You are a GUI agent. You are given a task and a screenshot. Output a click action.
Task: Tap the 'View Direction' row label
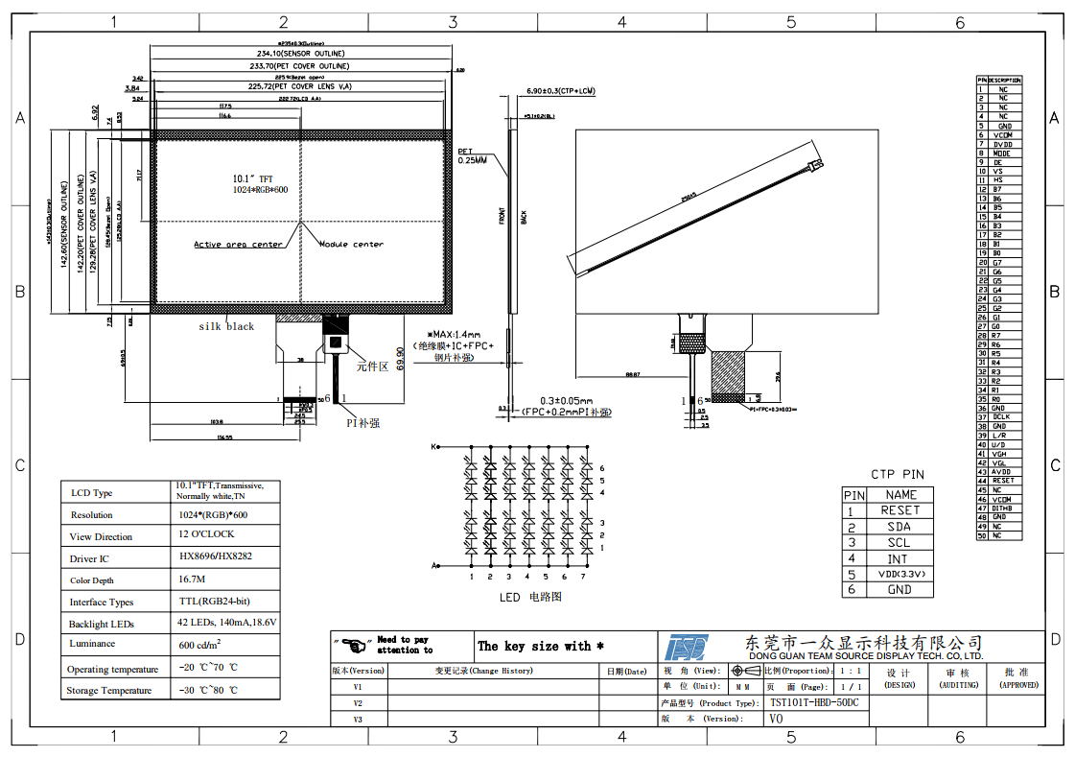(x=101, y=537)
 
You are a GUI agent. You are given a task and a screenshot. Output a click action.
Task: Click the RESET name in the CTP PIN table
(x=900, y=510)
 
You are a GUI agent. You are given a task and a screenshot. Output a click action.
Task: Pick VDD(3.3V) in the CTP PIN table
(x=900, y=574)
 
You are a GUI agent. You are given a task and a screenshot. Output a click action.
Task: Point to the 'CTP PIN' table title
(x=897, y=474)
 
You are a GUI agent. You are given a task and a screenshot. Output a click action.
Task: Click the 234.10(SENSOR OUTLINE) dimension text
(x=300, y=54)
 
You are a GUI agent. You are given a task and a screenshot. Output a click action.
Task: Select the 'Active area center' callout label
(x=238, y=245)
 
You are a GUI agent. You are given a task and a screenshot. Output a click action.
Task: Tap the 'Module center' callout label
(x=351, y=245)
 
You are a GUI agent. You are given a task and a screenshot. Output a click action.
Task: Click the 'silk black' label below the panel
(x=226, y=326)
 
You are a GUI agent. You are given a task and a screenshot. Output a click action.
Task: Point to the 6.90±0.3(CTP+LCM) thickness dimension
(x=561, y=90)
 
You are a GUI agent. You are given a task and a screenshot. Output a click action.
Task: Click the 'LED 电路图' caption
(x=529, y=597)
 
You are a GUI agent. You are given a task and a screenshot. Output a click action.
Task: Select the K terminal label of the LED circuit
(x=433, y=447)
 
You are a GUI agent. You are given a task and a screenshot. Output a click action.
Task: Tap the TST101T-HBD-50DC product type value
(x=814, y=702)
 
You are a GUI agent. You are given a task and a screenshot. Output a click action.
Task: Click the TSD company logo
(x=687, y=646)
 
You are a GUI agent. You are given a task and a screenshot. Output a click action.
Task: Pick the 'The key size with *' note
(x=541, y=646)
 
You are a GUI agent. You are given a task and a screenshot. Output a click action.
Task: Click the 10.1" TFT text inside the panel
(x=252, y=178)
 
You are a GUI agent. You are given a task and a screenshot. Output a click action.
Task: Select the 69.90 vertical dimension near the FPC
(x=400, y=358)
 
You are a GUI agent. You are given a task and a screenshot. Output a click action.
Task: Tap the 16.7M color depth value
(x=192, y=580)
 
